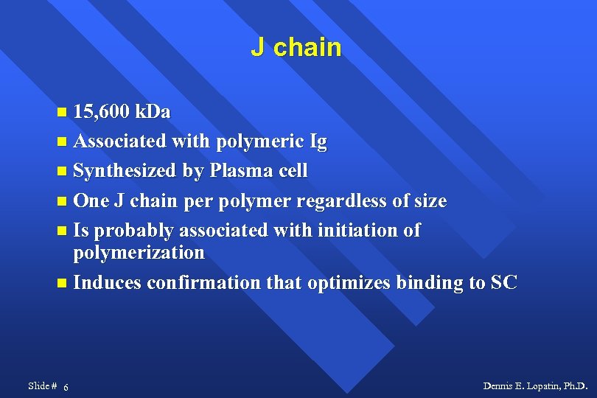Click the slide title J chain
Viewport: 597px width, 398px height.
click(x=296, y=48)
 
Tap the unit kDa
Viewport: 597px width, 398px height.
click(x=153, y=112)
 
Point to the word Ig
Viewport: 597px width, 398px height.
click(x=318, y=142)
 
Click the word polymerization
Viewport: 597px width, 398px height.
click(x=139, y=252)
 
